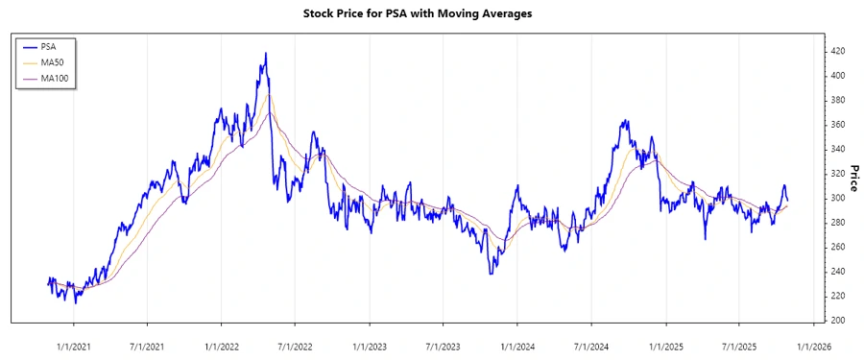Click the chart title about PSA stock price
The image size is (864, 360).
(x=431, y=14)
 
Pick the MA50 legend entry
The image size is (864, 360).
(x=53, y=62)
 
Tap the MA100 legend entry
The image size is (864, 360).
(x=55, y=78)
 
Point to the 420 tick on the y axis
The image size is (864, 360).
(x=838, y=51)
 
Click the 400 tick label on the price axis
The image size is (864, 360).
(x=838, y=76)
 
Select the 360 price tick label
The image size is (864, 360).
(x=838, y=125)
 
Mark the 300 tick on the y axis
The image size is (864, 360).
(x=838, y=198)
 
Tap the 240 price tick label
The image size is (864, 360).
(x=838, y=272)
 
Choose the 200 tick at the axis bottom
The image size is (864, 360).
(x=838, y=321)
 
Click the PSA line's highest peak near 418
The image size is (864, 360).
(x=265, y=54)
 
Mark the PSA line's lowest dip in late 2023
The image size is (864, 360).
(x=491, y=274)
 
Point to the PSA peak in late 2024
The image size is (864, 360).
(x=626, y=121)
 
